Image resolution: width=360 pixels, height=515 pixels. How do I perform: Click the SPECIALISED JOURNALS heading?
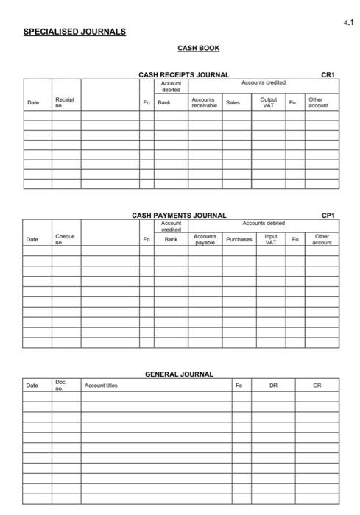pyautogui.click(x=74, y=32)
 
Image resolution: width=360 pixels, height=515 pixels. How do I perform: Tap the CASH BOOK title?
pyautogui.click(x=198, y=49)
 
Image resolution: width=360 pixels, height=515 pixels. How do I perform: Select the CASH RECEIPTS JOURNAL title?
pyautogui.click(x=183, y=75)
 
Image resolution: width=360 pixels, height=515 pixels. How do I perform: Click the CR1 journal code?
pyautogui.click(x=328, y=75)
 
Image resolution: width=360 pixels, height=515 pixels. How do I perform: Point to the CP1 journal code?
pyautogui.click(x=328, y=216)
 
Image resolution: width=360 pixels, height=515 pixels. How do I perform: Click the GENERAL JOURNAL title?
pyautogui.click(x=179, y=374)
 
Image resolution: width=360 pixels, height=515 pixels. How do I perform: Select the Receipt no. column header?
pyautogui.click(x=64, y=102)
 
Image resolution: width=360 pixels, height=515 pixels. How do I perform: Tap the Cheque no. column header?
pyautogui.click(x=65, y=239)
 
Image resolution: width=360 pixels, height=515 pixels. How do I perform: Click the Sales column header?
pyautogui.click(x=233, y=102)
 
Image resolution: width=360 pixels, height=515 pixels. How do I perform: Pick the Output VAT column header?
pyautogui.click(x=268, y=102)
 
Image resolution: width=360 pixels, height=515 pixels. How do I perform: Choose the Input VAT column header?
pyautogui.click(x=270, y=239)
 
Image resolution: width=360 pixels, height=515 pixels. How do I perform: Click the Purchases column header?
pyautogui.click(x=239, y=239)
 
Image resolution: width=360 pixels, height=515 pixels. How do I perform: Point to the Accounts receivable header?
pyautogui.click(x=204, y=102)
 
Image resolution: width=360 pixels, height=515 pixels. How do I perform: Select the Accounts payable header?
pyautogui.click(x=205, y=239)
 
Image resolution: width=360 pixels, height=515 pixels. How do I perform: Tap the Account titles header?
pyautogui.click(x=101, y=385)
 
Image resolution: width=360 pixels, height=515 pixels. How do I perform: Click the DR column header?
pyautogui.click(x=272, y=385)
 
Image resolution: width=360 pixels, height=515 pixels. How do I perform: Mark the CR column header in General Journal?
pyautogui.click(x=317, y=385)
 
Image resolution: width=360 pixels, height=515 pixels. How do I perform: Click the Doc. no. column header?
pyautogui.click(x=60, y=385)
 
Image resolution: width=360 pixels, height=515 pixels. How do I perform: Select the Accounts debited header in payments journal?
pyautogui.click(x=264, y=223)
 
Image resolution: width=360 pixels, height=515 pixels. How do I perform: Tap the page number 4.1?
pyautogui.click(x=348, y=24)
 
